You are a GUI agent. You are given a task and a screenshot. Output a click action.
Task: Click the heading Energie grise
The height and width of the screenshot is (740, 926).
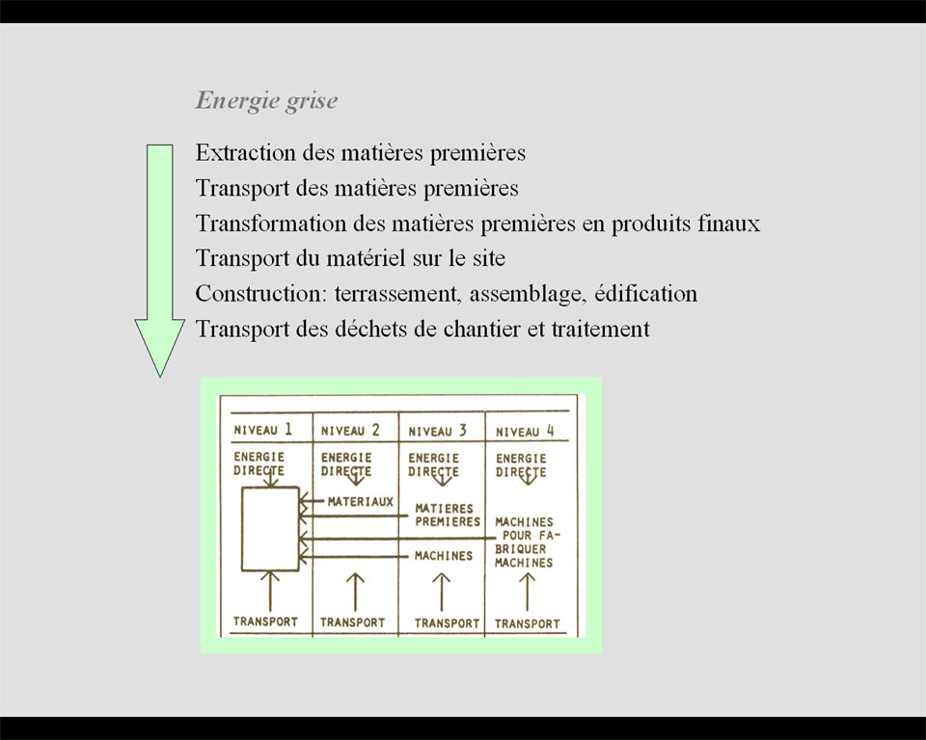pyautogui.click(x=266, y=101)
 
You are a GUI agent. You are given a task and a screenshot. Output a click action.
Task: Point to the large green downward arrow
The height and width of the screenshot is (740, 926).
pyautogui.click(x=159, y=259)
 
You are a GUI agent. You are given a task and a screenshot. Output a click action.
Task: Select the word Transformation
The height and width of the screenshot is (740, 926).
pyautogui.click(x=271, y=224)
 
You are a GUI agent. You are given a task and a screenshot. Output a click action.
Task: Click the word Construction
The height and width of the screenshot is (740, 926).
pyautogui.click(x=260, y=293)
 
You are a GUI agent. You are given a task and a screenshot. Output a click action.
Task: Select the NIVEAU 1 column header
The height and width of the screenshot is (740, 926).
pyautogui.click(x=262, y=430)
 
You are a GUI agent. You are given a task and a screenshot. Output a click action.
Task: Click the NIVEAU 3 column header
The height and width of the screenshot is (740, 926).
pyautogui.click(x=438, y=431)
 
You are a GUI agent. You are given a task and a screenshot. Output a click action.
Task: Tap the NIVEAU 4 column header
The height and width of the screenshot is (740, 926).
pyautogui.click(x=525, y=432)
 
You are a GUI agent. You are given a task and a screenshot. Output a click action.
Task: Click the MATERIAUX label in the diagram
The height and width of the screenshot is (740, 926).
pyautogui.click(x=360, y=502)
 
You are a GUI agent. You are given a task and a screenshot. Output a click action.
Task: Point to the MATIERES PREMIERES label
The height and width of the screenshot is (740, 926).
pyautogui.click(x=448, y=515)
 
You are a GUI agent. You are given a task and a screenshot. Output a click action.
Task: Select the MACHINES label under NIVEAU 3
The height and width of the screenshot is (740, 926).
pyautogui.click(x=444, y=556)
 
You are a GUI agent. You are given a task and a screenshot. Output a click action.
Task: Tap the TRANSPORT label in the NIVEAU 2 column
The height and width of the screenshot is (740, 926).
pyautogui.click(x=353, y=622)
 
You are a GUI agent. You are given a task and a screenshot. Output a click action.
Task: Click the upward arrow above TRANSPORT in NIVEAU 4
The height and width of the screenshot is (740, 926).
pyautogui.click(x=528, y=592)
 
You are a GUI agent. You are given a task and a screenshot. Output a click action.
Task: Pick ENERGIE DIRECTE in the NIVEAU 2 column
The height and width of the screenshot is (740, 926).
pyautogui.click(x=346, y=464)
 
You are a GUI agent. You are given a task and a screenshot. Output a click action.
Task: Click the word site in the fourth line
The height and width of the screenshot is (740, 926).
pyautogui.click(x=488, y=258)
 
